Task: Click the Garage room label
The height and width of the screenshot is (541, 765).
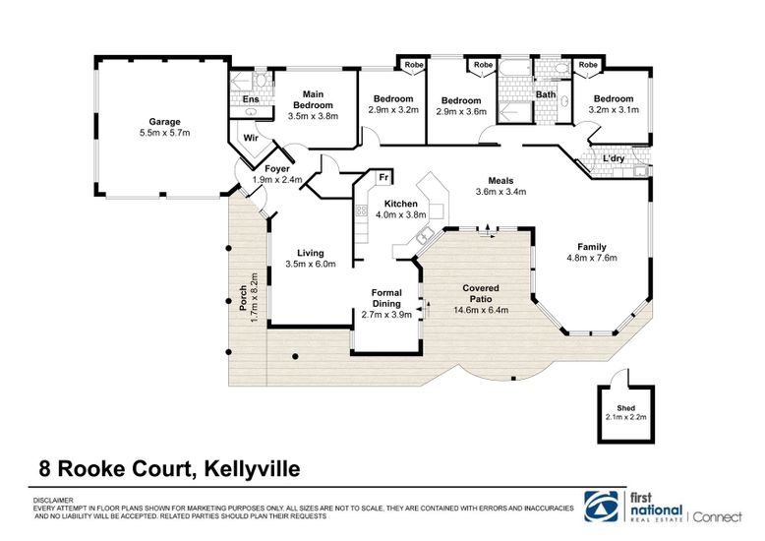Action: (164, 122)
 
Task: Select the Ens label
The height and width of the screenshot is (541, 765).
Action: (251, 99)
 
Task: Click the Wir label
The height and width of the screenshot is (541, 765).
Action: (250, 137)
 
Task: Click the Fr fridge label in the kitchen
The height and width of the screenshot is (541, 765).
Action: (385, 178)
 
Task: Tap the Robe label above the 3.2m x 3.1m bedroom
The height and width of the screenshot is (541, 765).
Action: (588, 65)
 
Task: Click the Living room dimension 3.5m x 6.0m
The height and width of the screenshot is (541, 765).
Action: (311, 264)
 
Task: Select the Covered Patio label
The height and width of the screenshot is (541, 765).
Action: (481, 293)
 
